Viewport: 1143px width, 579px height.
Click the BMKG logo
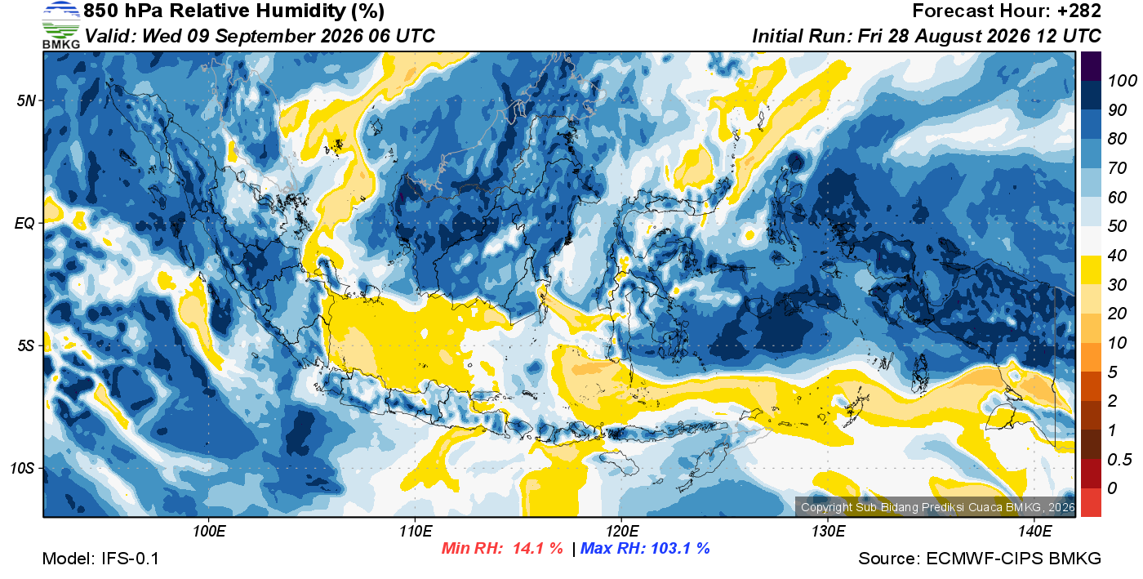[60, 24]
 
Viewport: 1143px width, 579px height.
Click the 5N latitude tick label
[26, 100]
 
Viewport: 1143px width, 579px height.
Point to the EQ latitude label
[24, 223]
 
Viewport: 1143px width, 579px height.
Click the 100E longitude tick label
[209, 532]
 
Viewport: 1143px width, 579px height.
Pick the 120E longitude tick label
[621, 532]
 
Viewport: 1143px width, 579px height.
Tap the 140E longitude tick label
[1034, 532]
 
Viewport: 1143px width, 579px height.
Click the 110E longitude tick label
[416, 532]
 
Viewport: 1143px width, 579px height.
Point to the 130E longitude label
[828, 532]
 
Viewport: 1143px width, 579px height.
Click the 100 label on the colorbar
[1122, 81]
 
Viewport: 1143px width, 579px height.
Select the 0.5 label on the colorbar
[1119, 459]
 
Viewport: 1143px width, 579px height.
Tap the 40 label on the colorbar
[1117, 256]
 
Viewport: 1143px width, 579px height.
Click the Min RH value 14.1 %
[537, 548]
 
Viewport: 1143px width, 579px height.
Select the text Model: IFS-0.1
[100, 559]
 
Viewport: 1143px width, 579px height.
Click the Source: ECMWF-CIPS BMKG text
[980, 559]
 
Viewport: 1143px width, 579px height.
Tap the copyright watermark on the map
[937, 507]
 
